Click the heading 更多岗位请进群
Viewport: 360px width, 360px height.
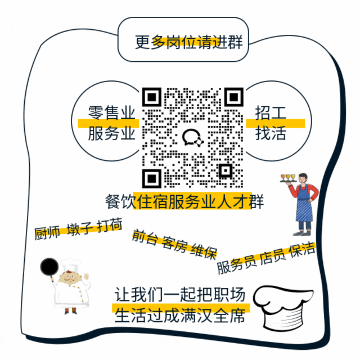188,42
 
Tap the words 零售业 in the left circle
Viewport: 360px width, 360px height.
112,112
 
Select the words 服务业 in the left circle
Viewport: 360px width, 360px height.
112,134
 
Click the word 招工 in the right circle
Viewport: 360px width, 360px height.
271,112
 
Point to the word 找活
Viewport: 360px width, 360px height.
271,134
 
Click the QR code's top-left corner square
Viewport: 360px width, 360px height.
151,97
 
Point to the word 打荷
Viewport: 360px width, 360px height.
109,226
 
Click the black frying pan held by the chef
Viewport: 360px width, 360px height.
49,268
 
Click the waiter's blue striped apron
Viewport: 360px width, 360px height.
304,209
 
